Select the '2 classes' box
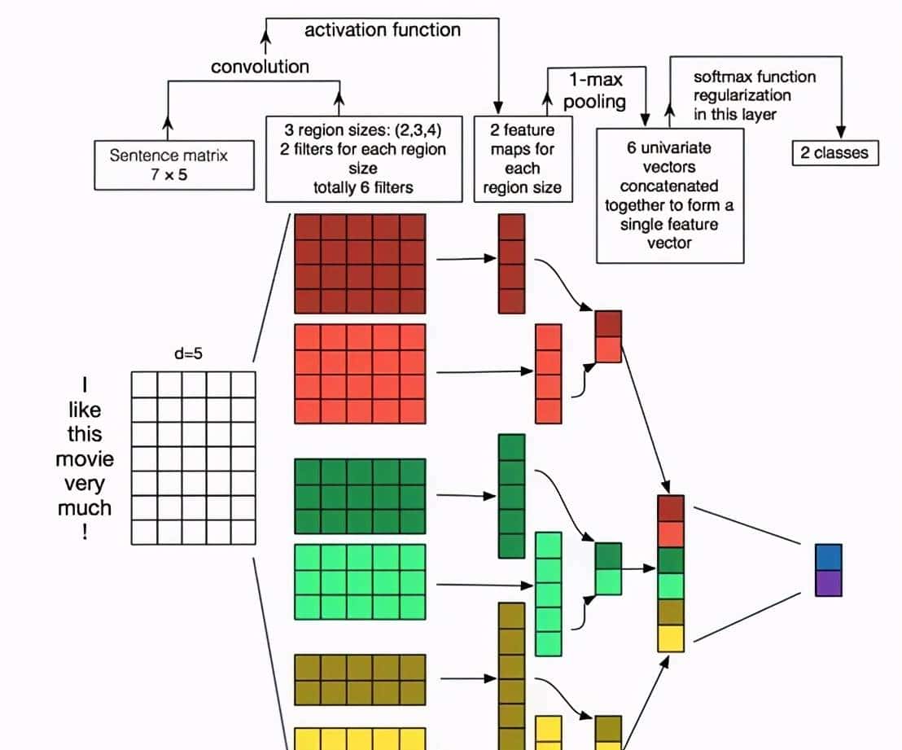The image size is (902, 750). (x=834, y=152)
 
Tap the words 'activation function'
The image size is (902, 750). (x=382, y=30)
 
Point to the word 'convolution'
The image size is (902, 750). (x=260, y=67)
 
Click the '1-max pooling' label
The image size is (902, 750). (x=595, y=90)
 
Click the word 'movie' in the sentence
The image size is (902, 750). (x=85, y=458)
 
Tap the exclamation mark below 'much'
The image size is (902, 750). (x=85, y=533)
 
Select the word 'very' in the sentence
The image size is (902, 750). (x=85, y=484)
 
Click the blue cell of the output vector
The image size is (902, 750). (x=829, y=557)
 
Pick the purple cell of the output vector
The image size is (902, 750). (x=829, y=583)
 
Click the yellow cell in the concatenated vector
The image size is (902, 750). (x=671, y=638)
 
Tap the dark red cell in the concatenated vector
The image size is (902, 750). (x=671, y=508)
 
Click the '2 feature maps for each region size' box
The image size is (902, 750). (x=522, y=159)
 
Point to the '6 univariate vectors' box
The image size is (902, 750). (x=670, y=195)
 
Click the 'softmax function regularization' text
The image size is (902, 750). (x=754, y=95)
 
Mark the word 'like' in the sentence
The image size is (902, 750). (x=85, y=409)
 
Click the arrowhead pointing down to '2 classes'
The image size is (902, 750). (x=841, y=133)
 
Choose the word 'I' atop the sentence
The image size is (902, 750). (x=85, y=384)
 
